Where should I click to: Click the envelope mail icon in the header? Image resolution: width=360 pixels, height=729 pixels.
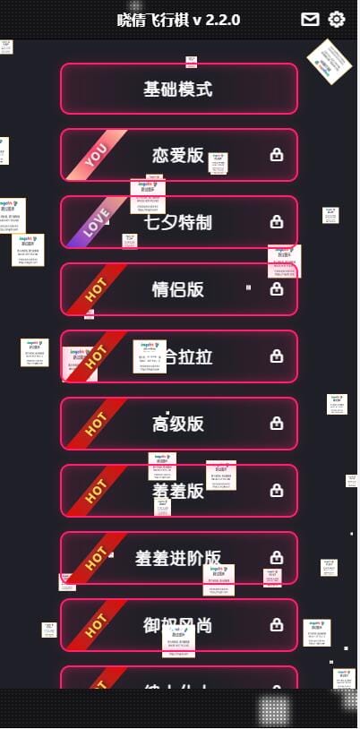[x=310, y=19]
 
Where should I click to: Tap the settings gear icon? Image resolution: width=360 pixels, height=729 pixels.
[x=337, y=19]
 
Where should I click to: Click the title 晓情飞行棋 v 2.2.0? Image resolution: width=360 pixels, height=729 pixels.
[x=179, y=20]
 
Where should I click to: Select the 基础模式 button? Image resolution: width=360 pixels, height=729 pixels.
[x=178, y=89]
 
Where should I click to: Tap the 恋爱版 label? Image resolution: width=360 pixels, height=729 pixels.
[x=178, y=155]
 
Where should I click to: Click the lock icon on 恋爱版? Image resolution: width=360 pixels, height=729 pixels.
[x=277, y=155]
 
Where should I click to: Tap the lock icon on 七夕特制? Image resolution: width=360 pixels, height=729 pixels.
[x=277, y=222]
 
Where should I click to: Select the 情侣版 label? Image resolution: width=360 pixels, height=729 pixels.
[x=178, y=289]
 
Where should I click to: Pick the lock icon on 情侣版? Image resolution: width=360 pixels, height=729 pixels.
[x=277, y=289]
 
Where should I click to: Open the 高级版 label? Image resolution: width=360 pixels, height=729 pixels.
[x=178, y=424]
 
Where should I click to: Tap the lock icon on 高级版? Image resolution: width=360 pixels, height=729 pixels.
[x=277, y=424]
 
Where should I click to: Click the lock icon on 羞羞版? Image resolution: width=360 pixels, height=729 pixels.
[x=277, y=491]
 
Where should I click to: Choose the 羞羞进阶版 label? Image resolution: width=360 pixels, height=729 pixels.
[x=178, y=558]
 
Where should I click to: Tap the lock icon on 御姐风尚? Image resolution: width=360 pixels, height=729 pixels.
[x=277, y=624]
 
